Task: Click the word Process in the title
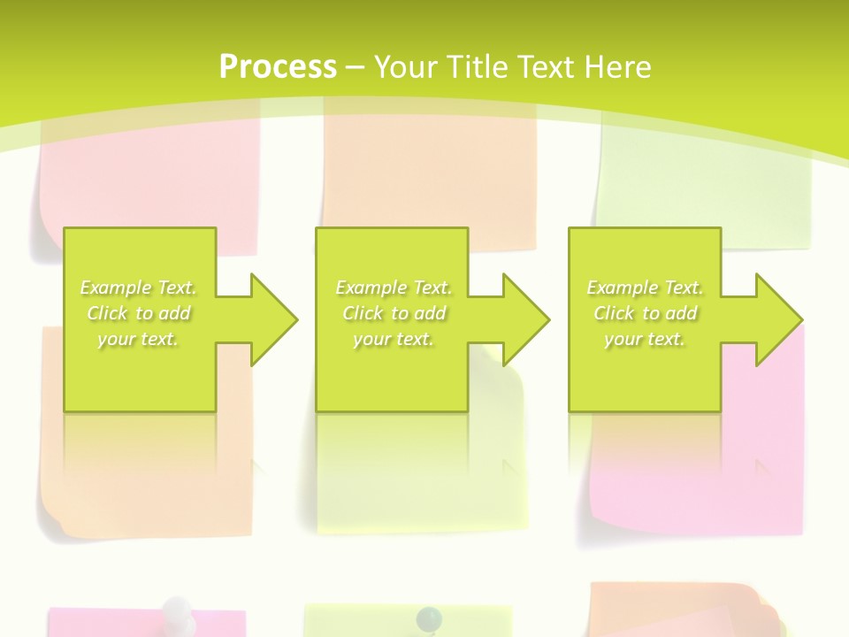278,66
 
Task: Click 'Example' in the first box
116,288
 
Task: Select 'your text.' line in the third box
645,339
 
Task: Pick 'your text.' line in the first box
138,339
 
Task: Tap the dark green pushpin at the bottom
429,616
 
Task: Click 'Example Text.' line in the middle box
394,288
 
